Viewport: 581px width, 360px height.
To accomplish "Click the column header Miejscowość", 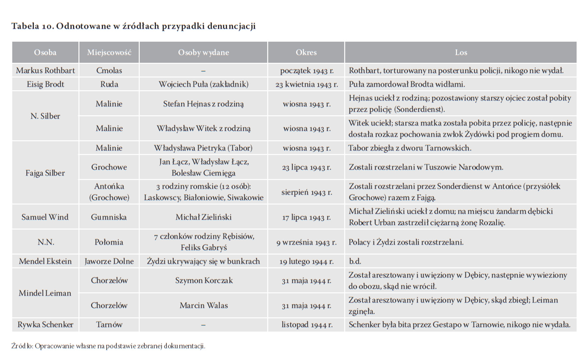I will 109,52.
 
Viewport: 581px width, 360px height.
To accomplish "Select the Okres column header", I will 306,52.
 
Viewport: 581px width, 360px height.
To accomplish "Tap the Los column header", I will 461,52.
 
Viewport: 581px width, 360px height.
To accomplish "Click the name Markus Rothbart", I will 45,71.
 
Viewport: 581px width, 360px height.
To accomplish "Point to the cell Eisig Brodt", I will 45,84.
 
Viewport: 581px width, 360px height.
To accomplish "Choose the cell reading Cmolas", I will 109,71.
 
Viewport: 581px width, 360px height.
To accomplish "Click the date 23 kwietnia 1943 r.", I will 307,85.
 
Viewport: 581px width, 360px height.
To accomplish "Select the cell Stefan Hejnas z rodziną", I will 203,104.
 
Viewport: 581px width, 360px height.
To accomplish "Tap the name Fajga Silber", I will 45,173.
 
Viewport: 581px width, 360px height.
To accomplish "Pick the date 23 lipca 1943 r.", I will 307,167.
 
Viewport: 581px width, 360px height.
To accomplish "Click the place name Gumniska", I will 109,217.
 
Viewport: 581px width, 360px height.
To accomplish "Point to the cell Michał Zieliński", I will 203,217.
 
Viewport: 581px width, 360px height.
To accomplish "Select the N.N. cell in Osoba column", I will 45,242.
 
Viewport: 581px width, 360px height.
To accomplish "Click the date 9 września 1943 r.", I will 307,243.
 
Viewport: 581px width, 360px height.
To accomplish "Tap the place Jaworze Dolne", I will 109,261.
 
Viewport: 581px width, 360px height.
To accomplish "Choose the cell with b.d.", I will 355,261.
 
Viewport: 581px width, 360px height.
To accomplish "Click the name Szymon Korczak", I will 204,281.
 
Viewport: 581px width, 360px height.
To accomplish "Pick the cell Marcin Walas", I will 204,305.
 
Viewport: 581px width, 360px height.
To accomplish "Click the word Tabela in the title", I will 25,26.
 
